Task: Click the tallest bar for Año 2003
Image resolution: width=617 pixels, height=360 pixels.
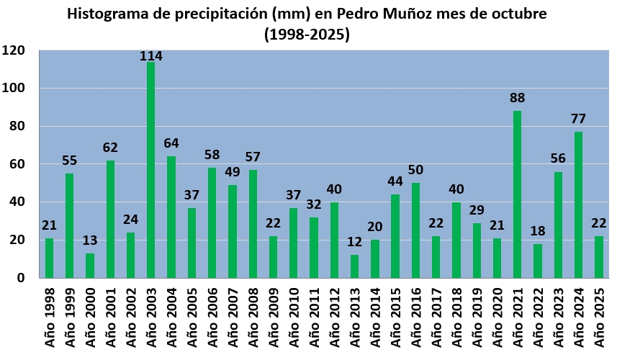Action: [x=151, y=170]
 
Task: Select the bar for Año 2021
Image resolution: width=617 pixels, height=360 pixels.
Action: [x=518, y=194]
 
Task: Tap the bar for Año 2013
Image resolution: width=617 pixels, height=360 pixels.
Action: [x=354, y=266]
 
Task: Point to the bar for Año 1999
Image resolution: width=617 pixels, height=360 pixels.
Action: [x=70, y=225]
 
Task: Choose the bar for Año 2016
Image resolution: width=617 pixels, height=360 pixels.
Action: [x=415, y=230]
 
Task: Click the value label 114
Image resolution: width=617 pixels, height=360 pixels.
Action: [x=150, y=56]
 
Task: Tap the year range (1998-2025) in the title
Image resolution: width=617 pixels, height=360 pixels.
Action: [x=307, y=33]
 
